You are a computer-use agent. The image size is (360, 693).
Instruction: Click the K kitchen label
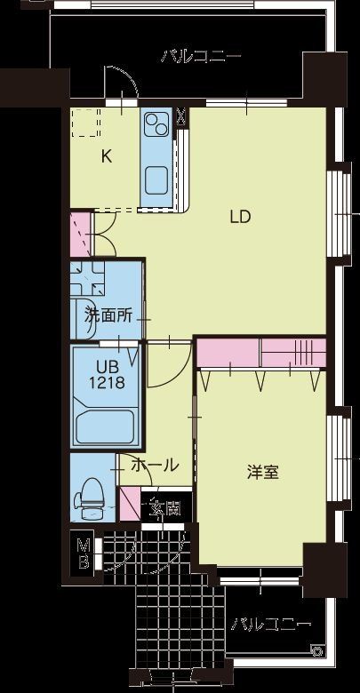point(107,157)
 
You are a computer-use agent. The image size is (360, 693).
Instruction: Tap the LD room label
point(239,216)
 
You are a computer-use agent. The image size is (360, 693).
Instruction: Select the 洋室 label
point(263,472)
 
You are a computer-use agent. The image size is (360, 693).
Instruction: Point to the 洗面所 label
point(108,314)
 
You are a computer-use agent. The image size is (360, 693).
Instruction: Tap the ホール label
point(155,465)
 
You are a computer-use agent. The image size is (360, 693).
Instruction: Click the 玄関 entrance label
point(164,508)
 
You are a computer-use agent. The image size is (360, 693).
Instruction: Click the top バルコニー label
point(201,57)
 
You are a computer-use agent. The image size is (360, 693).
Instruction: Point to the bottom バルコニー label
point(271,624)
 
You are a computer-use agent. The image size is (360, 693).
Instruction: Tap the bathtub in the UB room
point(105,426)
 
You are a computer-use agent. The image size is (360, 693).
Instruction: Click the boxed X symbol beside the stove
point(181,115)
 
